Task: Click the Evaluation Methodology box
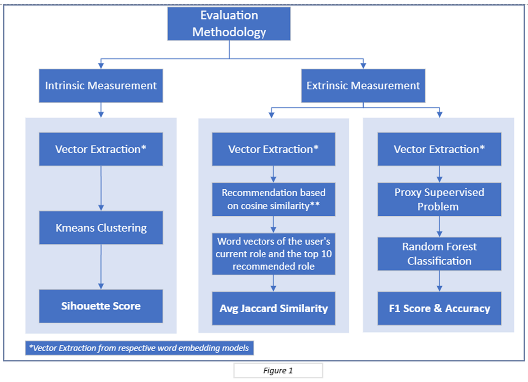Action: pos(229,24)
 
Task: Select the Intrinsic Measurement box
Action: pos(101,86)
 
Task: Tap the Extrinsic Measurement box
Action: pos(363,86)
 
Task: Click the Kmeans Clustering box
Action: pos(101,228)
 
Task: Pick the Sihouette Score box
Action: pos(101,306)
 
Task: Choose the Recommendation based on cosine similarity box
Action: pos(273,199)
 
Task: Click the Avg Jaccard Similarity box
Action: pos(273,308)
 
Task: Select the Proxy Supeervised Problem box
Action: pos(439,199)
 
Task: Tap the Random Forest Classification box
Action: pos(439,254)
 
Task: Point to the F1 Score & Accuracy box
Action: pos(439,308)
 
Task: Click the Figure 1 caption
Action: pos(278,371)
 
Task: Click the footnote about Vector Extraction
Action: pos(139,348)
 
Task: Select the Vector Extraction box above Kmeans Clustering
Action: pos(101,149)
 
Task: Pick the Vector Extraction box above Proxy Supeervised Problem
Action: pos(439,149)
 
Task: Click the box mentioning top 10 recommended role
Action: pos(273,254)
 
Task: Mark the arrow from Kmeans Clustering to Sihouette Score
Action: pos(101,267)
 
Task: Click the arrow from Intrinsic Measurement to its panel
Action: pos(101,110)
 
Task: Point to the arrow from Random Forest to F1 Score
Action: pos(439,281)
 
